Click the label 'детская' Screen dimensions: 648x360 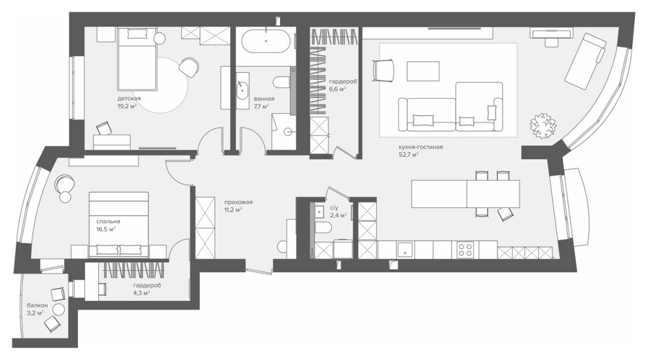point(129,98)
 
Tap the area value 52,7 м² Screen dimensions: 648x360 point(408,155)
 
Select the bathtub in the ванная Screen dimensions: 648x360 point(266,41)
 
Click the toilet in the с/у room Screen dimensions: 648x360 point(323,227)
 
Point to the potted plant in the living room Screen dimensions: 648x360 point(543,126)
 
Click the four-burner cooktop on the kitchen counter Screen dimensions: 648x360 point(465,249)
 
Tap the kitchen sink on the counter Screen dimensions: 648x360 point(405,249)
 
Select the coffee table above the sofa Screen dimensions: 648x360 point(423,71)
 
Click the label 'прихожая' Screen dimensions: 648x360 point(238,202)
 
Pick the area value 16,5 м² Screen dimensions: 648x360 point(105,229)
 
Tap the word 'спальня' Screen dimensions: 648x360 point(108,221)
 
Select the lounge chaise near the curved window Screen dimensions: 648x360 point(585,61)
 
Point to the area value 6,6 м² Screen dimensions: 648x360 point(337,88)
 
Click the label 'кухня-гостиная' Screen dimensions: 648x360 point(421,147)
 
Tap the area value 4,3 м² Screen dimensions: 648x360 point(141,293)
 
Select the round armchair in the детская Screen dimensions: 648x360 point(189,67)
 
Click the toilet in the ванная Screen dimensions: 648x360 point(283,82)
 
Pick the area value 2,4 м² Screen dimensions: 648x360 point(338,215)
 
